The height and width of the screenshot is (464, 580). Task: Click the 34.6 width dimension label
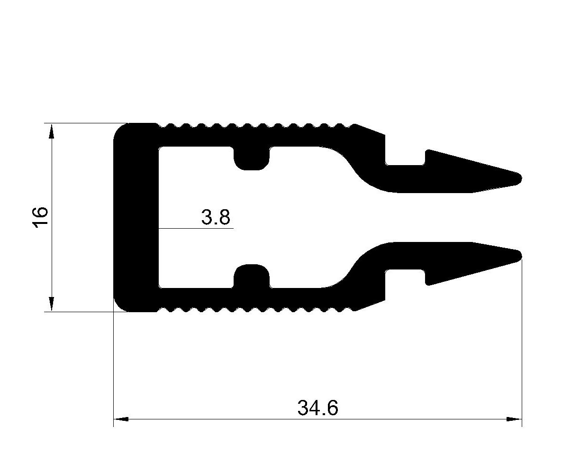coord(317,408)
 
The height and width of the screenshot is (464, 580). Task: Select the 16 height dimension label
coord(40,218)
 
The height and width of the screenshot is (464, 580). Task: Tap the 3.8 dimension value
coord(216,217)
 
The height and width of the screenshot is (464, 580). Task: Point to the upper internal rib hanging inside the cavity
coord(252,159)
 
